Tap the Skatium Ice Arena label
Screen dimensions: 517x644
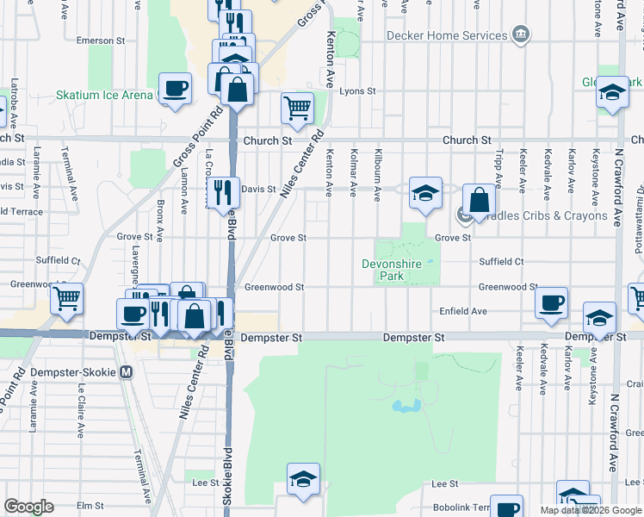pos(104,95)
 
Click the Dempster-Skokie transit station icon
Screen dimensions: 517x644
pos(127,372)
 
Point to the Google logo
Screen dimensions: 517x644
pos(28,507)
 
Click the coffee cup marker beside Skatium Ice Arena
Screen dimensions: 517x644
pos(175,89)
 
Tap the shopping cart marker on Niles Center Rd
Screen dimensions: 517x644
pos(297,109)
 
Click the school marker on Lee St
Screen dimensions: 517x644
pos(303,479)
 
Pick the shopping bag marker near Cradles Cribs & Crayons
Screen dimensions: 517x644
pos(478,200)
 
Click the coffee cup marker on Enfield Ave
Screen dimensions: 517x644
pos(551,302)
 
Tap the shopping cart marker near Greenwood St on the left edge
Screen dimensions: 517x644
pos(66,299)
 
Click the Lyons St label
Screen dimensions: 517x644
pos(358,90)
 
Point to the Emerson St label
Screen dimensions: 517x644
pos(95,40)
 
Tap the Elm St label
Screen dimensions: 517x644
pos(90,506)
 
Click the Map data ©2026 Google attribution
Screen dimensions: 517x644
pos(591,510)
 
